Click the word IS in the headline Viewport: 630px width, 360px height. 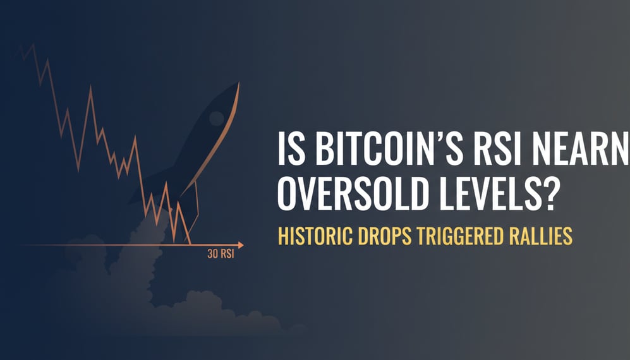(288, 152)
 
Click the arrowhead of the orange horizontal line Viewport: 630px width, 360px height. (241, 244)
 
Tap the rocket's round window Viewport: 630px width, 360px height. (215, 117)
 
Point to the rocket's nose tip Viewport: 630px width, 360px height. (239, 83)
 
